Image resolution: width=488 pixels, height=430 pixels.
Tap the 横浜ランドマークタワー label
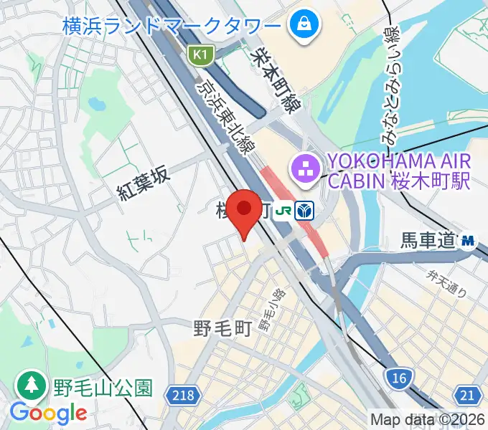click(x=172, y=27)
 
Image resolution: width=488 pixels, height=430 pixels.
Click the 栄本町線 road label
click(x=278, y=75)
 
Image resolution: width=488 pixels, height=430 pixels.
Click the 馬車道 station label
click(x=428, y=242)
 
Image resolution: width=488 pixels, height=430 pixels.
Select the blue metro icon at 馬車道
click(x=469, y=242)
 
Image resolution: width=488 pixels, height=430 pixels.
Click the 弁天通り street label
click(x=446, y=282)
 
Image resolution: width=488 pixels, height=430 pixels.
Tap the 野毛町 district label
click(x=222, y=329)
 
